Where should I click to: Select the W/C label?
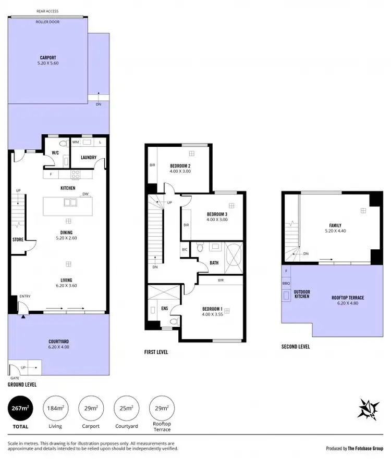point(55,152)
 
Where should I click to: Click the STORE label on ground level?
point(18,240)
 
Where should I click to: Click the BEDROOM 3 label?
point(217,214)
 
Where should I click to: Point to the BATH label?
point(214,263)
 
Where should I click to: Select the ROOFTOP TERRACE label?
point(348,298)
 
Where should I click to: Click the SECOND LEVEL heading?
point(296,346)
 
